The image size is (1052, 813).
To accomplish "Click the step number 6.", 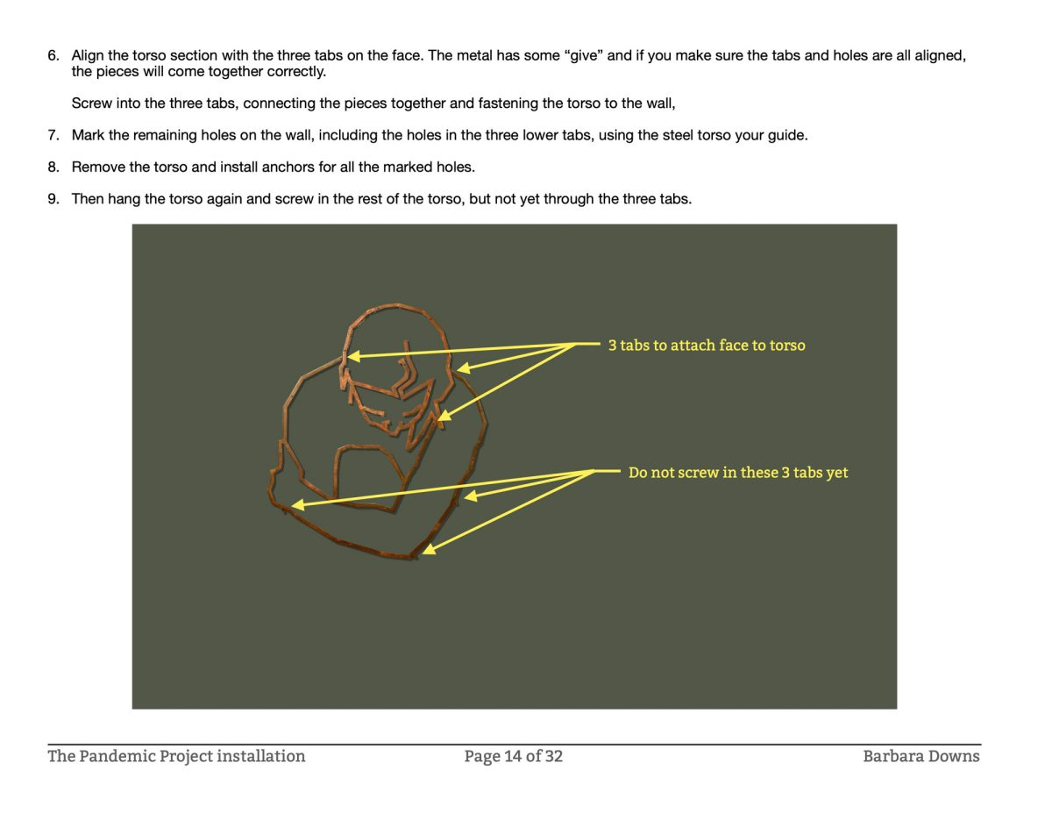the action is coord(53,55).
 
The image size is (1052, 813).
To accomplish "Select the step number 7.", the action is coord(53,135).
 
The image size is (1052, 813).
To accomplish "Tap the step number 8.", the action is coord(53,167).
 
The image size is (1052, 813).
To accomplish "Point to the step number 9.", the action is coord(53,199).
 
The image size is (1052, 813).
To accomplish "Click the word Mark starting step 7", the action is coord(88,135).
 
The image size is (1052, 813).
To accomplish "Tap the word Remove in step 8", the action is coord(98,167).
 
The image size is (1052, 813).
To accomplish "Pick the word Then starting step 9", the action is coord(88,199).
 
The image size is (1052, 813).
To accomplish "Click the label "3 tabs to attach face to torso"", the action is coord(707,346).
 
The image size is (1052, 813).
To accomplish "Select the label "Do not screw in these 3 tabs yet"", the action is coord(738,473).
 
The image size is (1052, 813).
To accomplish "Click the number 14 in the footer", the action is coord(512,756).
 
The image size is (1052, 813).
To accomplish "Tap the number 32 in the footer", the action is coord(554,756).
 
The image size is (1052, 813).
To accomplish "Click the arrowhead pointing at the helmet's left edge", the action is coord(354,356).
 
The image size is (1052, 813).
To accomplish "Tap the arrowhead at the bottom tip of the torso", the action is coord(429,549).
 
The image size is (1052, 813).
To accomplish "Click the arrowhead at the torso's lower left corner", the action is coord(298,505).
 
